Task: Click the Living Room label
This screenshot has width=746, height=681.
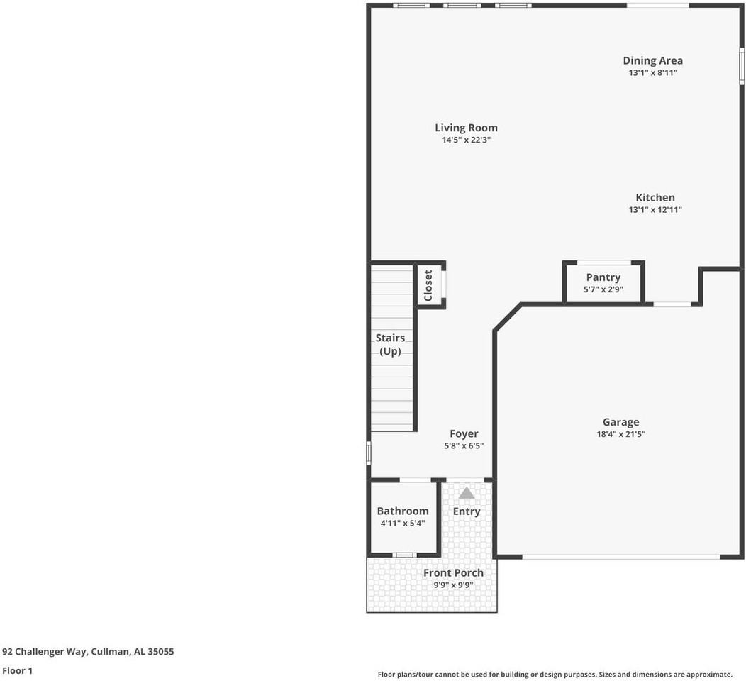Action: click(466, 128)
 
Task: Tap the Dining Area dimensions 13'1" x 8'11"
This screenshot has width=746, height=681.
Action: click(652, 72)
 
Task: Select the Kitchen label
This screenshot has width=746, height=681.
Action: click(655, 197)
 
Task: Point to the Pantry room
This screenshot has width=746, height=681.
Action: click(603, 282)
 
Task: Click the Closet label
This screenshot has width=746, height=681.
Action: click(428, 285)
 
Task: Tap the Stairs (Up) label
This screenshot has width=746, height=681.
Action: click(390, 344)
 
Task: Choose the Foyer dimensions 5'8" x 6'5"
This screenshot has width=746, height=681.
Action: click(464, 446)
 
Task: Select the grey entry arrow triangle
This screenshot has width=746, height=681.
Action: click(467, 493)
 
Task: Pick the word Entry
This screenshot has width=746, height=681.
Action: click(467, 511)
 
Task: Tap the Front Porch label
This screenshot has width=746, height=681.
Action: click(453, 572)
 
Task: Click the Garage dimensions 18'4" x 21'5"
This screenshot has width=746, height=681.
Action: click(620, 434)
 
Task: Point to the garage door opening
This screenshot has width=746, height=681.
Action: click(620, 557)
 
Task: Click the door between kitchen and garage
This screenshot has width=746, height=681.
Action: click(672, 304)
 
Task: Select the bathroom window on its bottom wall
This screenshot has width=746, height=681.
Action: click(404, 554)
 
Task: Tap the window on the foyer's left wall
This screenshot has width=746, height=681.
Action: click(369, 453)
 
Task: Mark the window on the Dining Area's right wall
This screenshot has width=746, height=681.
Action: click(742, 66)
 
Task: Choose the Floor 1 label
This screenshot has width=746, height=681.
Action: click(17, 670)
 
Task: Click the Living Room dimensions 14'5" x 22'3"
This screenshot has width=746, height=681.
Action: click(466, 140)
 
